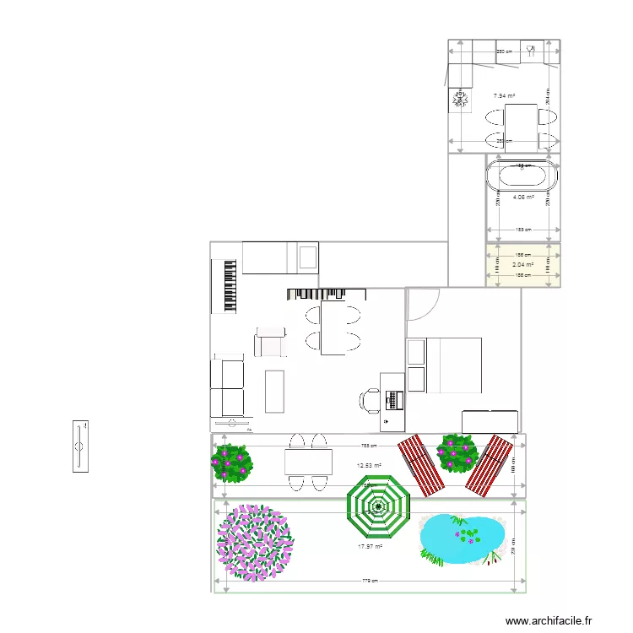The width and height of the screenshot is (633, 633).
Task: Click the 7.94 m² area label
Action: pyautogui.click(x=504, y=96)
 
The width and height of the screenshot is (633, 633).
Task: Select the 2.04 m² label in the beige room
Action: pyautogui.click(x=522, y=264)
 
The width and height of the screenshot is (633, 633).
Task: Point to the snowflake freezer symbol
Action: pyautogui.click(x=461, y=100)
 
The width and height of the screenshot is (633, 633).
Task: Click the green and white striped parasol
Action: pyautogui.click(x=377, y=507)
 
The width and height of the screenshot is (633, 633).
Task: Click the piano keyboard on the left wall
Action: pyautogui.click(x=228, y=285)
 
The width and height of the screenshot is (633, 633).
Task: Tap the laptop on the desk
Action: pyautogui.click(x=393, y=398)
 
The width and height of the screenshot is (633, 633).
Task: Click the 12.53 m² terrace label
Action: pyautogui.click(x=370, y=465)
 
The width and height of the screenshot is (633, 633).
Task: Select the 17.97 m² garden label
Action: pyautogui.click(x=370, y=547)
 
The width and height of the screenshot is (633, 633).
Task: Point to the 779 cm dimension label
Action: pyautogui.click(x=370, y=581)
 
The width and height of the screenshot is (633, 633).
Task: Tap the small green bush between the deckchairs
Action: pyautogui.click(x=458, y=453)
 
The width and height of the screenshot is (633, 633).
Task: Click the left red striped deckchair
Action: pyautogui.click(x=421, y=465)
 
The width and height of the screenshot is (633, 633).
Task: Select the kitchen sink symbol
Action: pyautogui.click(x=532, y=51)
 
